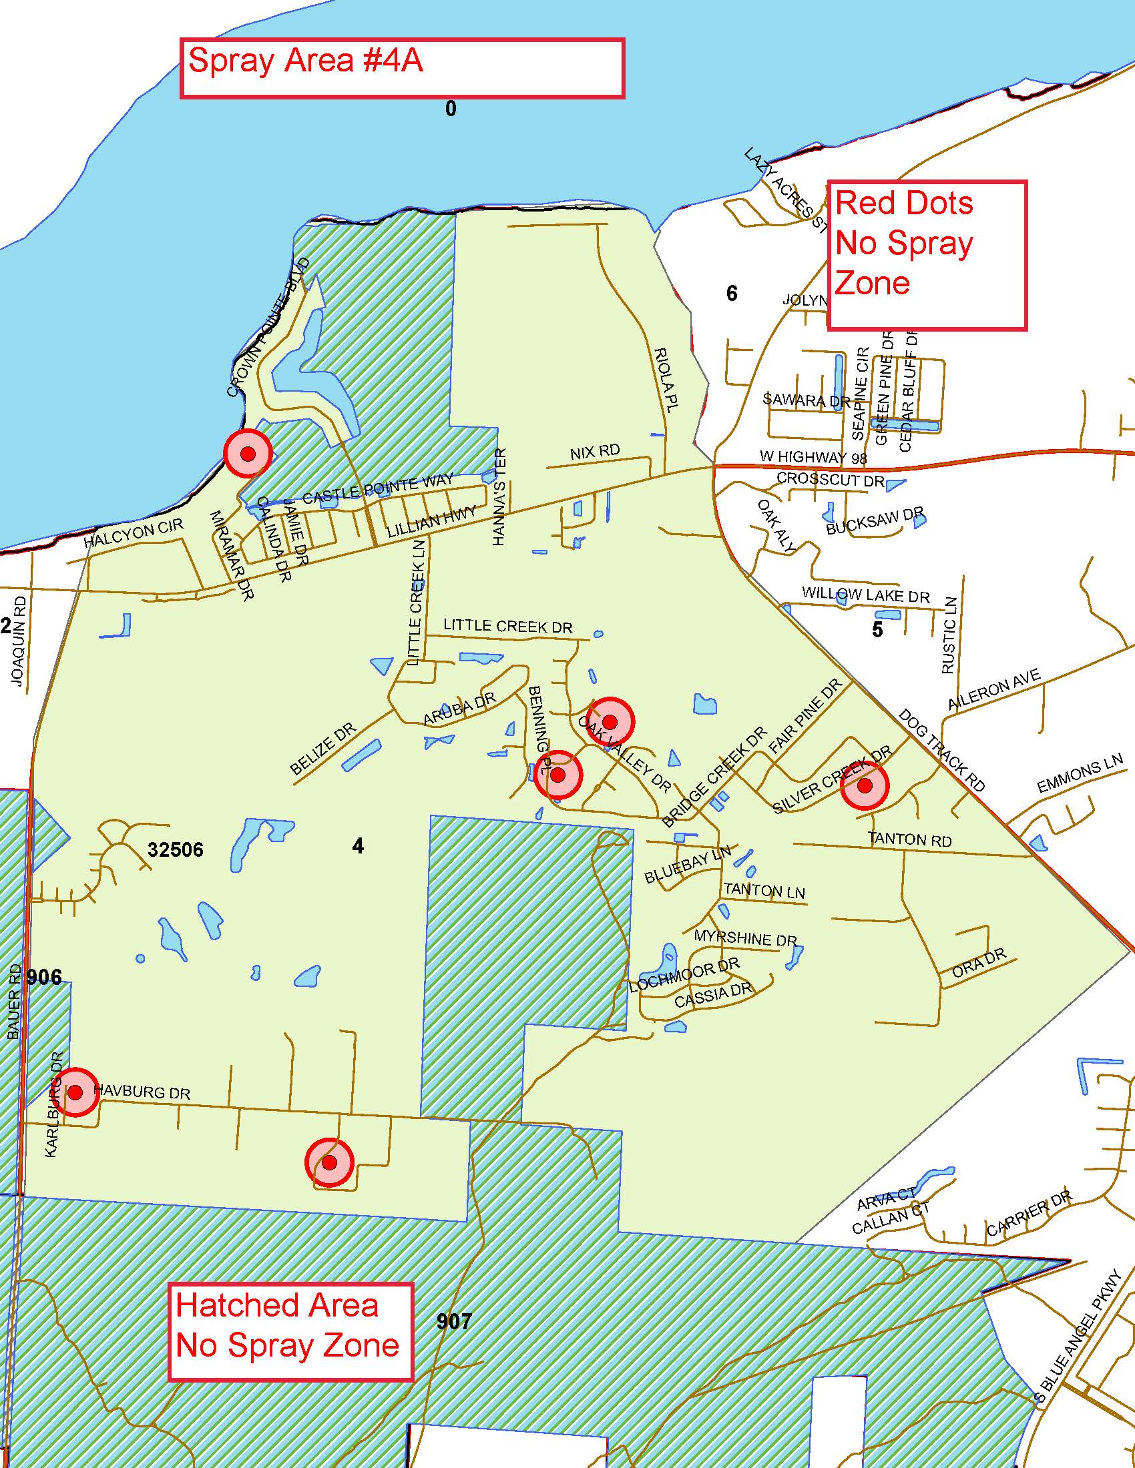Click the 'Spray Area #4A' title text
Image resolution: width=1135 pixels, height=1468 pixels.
(305, 61)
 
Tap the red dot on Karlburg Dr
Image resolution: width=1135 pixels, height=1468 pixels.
(75, 1092)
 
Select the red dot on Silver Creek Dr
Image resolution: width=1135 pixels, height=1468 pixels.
(865, 785)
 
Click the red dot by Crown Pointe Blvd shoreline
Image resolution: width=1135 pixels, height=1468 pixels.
(248, 454)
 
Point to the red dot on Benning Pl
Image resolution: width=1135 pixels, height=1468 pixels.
(557, 775)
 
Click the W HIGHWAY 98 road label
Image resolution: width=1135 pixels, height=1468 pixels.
(813, 458)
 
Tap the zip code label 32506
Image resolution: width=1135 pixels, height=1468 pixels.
(176, 849)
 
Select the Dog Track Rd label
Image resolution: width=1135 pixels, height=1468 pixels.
(941, 750)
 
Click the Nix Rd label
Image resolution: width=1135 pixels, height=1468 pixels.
(594, 452)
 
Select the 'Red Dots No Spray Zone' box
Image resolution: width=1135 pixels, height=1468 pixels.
(926, 256)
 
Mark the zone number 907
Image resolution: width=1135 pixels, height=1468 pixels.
(454, 1321)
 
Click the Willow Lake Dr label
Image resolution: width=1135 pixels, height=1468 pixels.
(865, 595)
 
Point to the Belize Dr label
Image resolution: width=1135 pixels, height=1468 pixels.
(323, 749)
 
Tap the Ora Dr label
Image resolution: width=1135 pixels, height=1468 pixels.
(979, 964)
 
